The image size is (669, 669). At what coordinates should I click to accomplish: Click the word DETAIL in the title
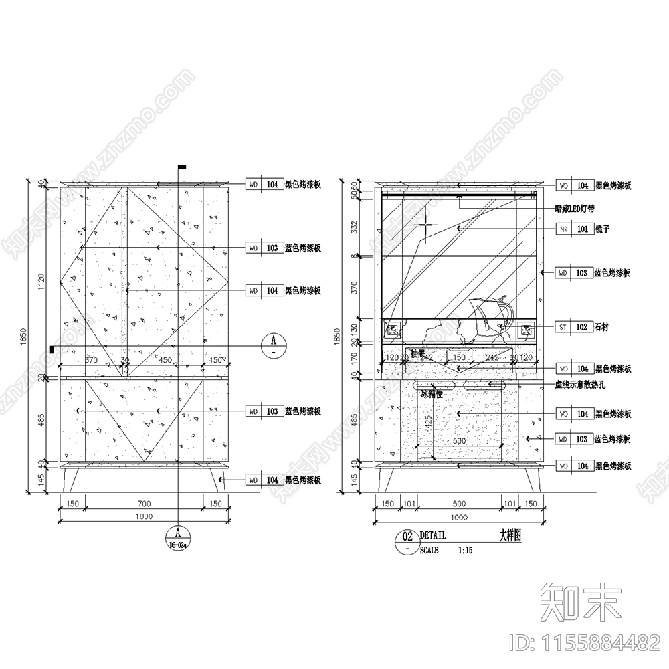pos(433,535)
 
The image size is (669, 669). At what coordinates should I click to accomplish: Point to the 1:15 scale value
pos(465,551)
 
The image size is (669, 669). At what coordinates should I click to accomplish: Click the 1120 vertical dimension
pos(41,282)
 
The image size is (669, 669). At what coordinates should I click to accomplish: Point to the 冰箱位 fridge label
pos(432,394)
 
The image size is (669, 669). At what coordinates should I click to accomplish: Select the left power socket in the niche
pos(393,328)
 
